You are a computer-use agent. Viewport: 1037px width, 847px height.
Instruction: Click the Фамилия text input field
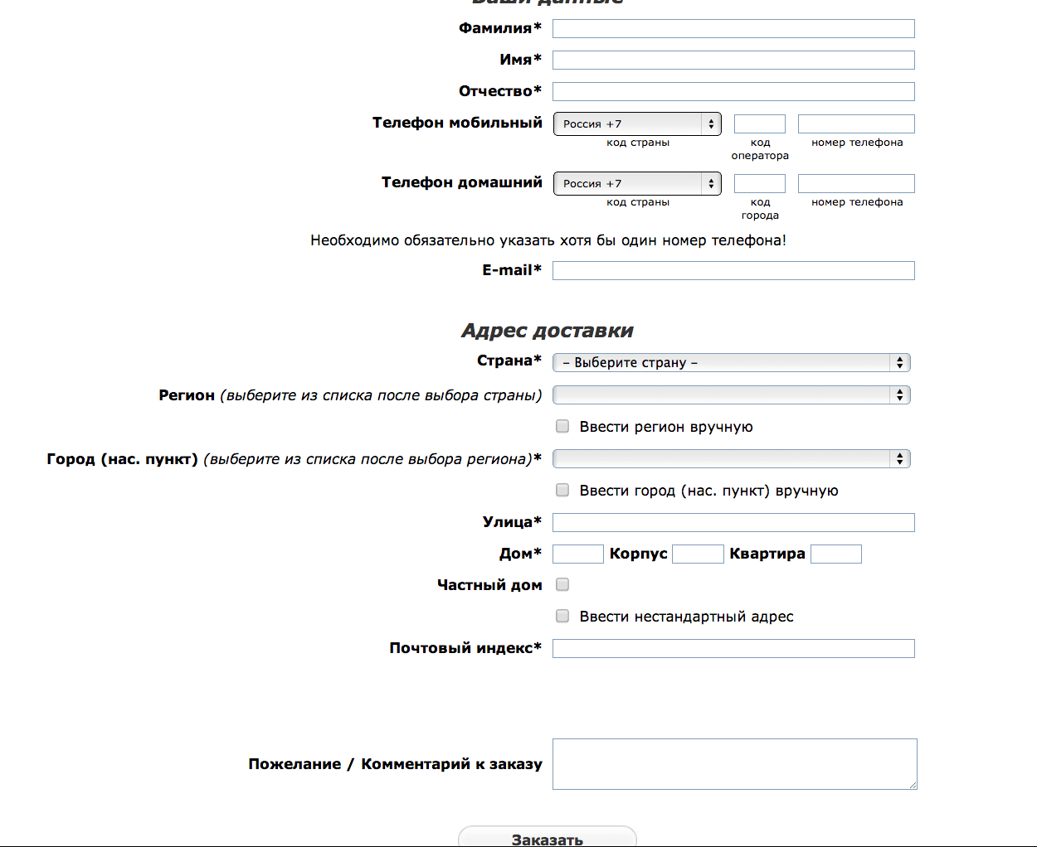[x=733, y=29]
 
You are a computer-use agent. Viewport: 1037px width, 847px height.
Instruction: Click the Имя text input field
[x=733, y=60]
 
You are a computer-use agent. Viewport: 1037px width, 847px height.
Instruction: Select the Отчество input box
[x=733, y=92]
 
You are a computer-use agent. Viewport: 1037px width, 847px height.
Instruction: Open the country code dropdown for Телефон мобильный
[x=637, y=124]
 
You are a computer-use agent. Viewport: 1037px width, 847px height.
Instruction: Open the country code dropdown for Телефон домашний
[x=637, y=184]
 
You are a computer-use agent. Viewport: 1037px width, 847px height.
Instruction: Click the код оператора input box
[x=759, y=124]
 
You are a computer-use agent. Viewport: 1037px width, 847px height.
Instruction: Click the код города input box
[x=759, y=184]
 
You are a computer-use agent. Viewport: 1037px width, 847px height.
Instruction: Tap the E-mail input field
[x=733, y=271]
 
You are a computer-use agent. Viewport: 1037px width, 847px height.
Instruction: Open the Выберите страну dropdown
[x=731, y=363]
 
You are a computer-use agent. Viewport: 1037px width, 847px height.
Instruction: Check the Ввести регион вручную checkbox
[x=562, y=427]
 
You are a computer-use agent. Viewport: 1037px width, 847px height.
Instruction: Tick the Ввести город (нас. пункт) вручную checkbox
[x=562, y=491]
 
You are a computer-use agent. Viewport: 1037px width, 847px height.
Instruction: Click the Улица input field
[x=733, y=523]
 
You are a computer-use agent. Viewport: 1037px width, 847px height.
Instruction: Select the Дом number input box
[x=577, y=554]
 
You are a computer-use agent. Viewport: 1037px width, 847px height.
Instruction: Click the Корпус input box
[x=698, y=554]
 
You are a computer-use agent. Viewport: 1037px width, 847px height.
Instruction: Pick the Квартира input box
[x=835, y=554]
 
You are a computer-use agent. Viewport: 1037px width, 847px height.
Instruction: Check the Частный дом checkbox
[x=562, y=585]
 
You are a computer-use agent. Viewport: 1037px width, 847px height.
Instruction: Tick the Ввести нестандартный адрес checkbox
[x=562, y=617]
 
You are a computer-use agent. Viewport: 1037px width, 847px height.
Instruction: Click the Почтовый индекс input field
[x=733, y=649]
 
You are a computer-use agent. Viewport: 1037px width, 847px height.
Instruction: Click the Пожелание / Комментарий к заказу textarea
[x=734, y=764]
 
